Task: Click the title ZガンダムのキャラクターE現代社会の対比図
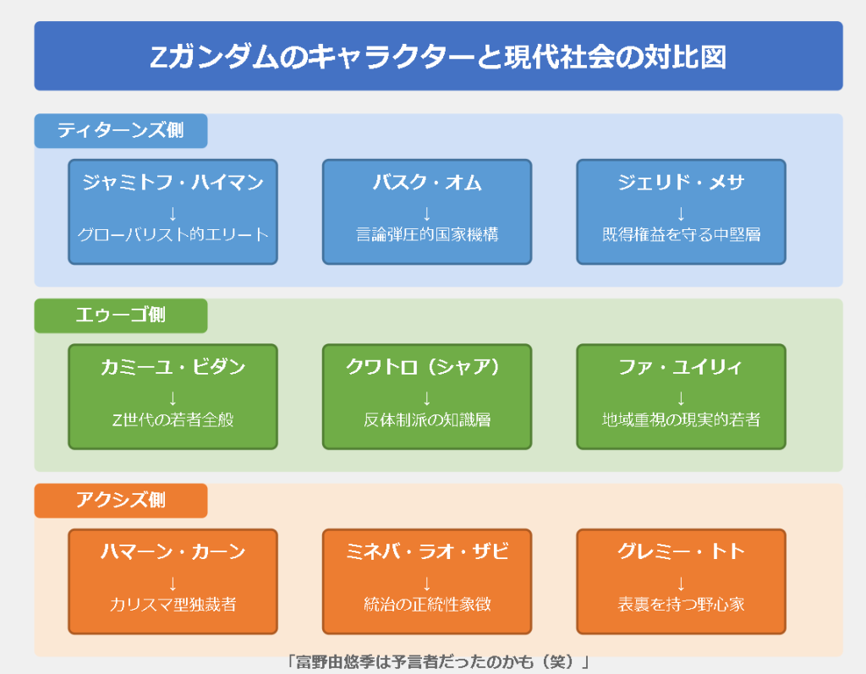click(x=438, y=57)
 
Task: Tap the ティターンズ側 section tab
click(x=120, y=131)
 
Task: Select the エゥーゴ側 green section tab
click(x=120, y=315)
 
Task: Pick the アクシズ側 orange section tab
click(x=120, y=501)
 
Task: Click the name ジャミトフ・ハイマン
click(x=173, y=183)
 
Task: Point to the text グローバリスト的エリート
click(x=173, y=235)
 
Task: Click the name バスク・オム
click(x=427, y=183)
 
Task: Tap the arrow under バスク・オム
click(x=427, y=214)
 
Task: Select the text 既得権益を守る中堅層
click(x=681, y=235)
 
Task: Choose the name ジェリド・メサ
click(x=681, y=183)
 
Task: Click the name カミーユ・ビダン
click(x=173, y=367)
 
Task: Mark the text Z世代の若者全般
click(x=173, y=419)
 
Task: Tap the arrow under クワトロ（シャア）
click(x=427, y=399)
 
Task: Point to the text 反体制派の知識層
click(x=427, y=419)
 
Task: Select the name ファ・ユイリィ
click(x=681, y=367)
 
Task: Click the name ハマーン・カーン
click(x=173, y=552)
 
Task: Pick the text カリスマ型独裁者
click(x=173, y=605)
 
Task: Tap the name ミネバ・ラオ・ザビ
click(x=427, y=552)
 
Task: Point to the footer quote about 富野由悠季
click(x=438, y=662)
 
